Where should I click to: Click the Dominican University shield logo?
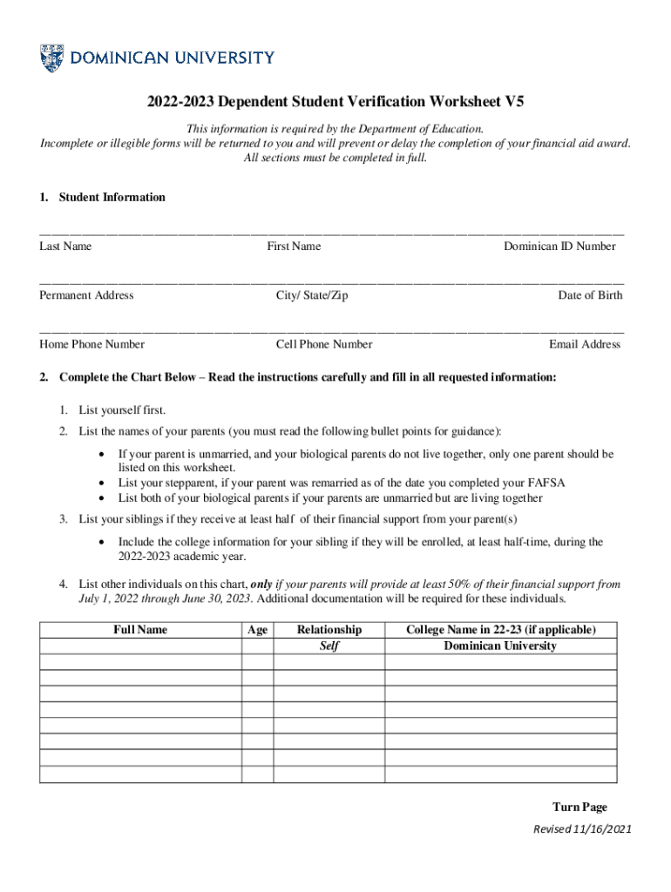point(51,58)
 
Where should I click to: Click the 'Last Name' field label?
point(65,247)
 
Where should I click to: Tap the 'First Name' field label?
point(294,247)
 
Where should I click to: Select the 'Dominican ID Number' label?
point(559,247)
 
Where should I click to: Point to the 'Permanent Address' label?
point(86,295)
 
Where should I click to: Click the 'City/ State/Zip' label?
point(312,295)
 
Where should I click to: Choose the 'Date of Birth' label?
point(590,295)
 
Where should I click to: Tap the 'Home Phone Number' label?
point(91,344)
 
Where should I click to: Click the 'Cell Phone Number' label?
point(324,344)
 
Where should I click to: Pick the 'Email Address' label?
point(585,344)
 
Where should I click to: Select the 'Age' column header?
point(258,630)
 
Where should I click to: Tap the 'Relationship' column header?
point(329,630)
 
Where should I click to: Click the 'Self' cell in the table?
point(329,646)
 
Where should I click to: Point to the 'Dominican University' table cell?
point(500,646)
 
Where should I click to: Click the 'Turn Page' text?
point(579,808)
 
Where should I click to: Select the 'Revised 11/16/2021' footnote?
point(582,829)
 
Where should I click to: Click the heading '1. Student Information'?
point(102,198)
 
